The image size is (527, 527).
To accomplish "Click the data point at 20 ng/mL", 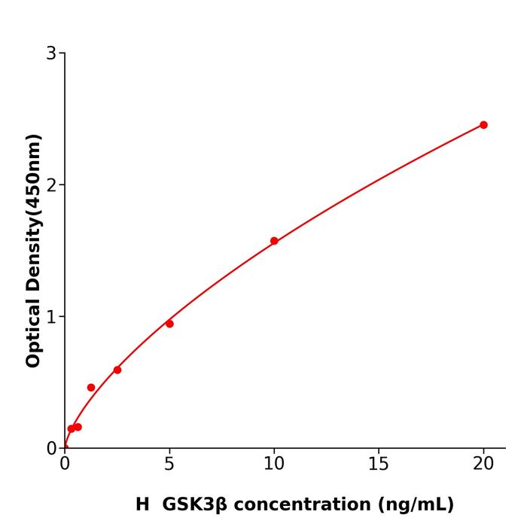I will tap(483, 125).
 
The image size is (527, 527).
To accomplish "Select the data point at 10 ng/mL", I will tap(274, 241).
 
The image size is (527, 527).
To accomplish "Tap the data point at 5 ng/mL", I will tap(169, 324).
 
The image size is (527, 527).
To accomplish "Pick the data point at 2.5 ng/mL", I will tap(117, 370).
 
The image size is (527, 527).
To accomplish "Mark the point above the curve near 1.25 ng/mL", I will tap(91, 388).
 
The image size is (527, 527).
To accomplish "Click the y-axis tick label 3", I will tap(51, 53).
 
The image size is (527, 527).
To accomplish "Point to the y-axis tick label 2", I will tap(51, 185).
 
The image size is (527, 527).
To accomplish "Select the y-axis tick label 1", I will tap(51, 317).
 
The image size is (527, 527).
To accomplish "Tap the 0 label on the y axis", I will tap(51, 449).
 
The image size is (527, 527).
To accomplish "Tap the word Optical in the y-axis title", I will tap(33, 331).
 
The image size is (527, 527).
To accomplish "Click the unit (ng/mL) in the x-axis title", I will tap(414, 504).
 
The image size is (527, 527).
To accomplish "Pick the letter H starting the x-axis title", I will tap(142, 504).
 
